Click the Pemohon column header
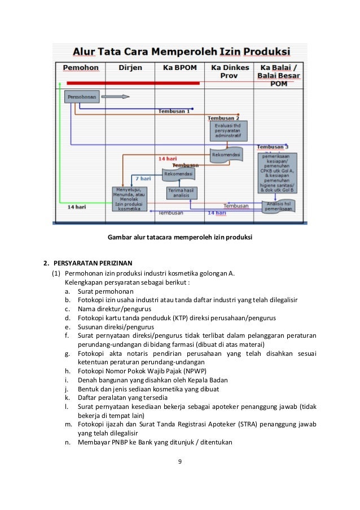tap(80, 68)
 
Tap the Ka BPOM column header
tap(179, 68)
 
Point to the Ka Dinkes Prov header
tap(229, 71)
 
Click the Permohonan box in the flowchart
tap(82, 97)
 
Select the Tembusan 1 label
tap(174, 111)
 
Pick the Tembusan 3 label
tap(273, 147)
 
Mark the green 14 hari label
tap(77, 207)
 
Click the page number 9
tap(180, 461)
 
